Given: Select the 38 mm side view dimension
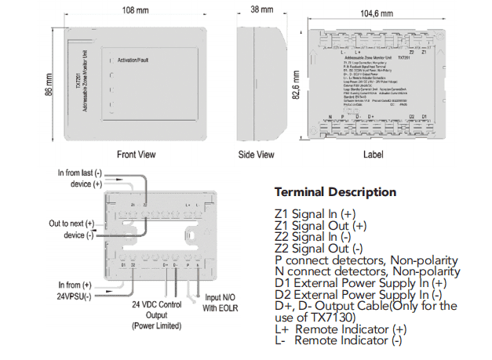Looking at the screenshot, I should coord(261,10).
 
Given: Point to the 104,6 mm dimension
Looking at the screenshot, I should coord(377,14).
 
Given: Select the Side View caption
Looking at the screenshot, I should coord(257,155).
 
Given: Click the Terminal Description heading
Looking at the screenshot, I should coord(335,192).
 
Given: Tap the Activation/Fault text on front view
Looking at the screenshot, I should coord(137,60).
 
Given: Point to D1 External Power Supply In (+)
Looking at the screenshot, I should coord(361,283).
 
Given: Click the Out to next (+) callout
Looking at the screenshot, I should coord(75,224).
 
